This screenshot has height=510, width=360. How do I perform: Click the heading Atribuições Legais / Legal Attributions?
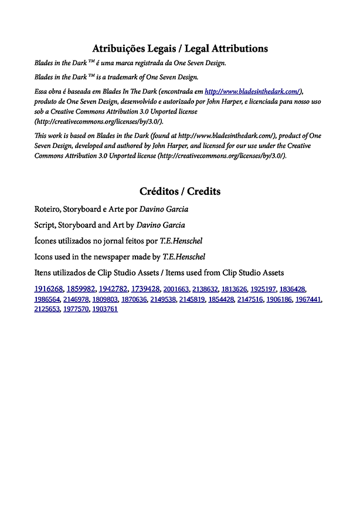(x=180, y=49)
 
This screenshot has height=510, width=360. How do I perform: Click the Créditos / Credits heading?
(x=180, y=191)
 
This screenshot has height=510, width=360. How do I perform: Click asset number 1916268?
(x=49, y=289)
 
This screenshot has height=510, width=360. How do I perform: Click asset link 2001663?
(x=176, y=289)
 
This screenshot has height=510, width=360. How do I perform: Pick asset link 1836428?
(x=292, y=289)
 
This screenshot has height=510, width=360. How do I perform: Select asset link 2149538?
(x=163, y=299)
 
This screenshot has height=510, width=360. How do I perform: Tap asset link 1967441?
(x=308, y=299)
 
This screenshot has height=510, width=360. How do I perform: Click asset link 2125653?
(x=47, y=309)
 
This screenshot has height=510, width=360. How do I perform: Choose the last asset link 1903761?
(x=105, y=309)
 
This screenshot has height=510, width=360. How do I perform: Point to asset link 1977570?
(x=76, y=309)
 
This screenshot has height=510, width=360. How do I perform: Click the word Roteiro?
(x=48, y=210)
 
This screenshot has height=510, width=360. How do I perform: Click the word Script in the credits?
(x=45, y=225)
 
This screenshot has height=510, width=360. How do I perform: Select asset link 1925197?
(x=263, y=289)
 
